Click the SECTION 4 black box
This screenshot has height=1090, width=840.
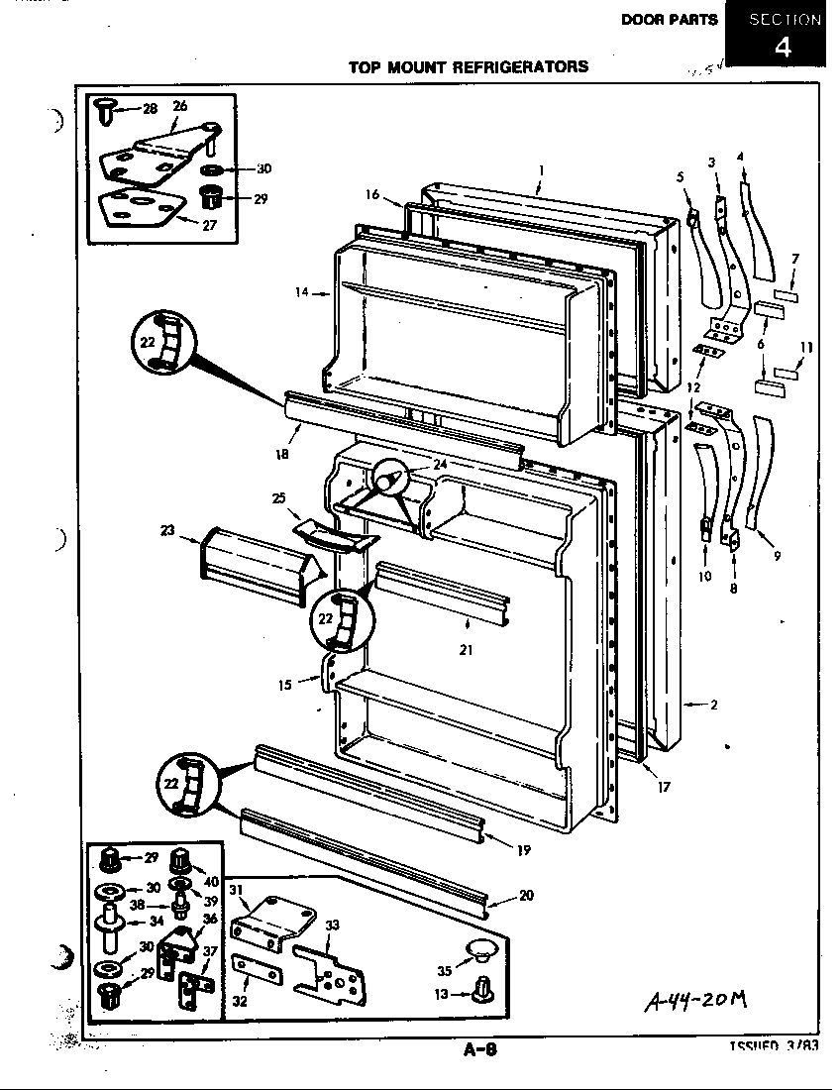point(783,35)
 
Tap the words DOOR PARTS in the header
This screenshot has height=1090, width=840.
point(669,20)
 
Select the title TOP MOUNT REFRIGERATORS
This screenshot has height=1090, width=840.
point(468,67)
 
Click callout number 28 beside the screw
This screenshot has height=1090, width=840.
point(150,108)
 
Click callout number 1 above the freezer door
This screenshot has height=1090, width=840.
point(541,169)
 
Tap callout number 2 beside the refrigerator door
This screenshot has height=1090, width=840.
point(713,706)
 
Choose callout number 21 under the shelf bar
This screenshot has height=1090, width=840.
point(466,650)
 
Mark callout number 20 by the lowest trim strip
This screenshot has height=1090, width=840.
point(525,896)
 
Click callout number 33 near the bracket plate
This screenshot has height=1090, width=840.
point(333,926)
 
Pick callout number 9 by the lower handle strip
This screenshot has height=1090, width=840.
point(777,556)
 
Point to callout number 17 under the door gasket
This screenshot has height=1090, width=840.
point(663,788)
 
